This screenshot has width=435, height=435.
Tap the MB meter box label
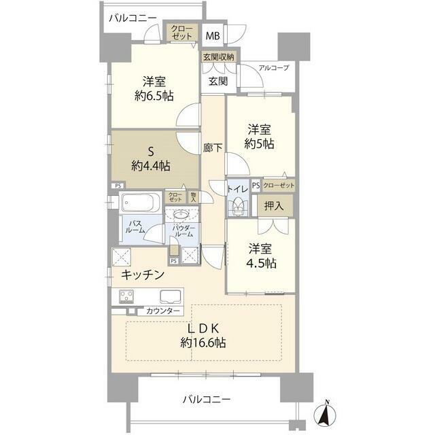pos(213,36)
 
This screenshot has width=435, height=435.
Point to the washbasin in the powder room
pos(181,214)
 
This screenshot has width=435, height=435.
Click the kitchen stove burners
pos(126,296)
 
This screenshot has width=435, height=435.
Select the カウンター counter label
pos(163,311)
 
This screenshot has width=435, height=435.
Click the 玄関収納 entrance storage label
pos(219,57)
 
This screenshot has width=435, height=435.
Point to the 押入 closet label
pos(274,205)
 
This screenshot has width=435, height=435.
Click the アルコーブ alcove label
pos(274,68)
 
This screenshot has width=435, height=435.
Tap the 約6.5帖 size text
pos(154,96)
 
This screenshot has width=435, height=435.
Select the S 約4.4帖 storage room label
pos(151,159)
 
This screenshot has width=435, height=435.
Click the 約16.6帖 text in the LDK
pos(203,343)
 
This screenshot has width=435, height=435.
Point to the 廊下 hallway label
pos(213,148)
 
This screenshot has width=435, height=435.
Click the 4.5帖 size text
pos(262,263)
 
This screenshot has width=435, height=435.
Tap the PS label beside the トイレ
pos(256,186)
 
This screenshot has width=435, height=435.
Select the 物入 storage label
pos(193,197)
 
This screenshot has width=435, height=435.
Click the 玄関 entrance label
pos(218,81)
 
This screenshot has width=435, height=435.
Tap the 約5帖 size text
pos(260,144)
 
